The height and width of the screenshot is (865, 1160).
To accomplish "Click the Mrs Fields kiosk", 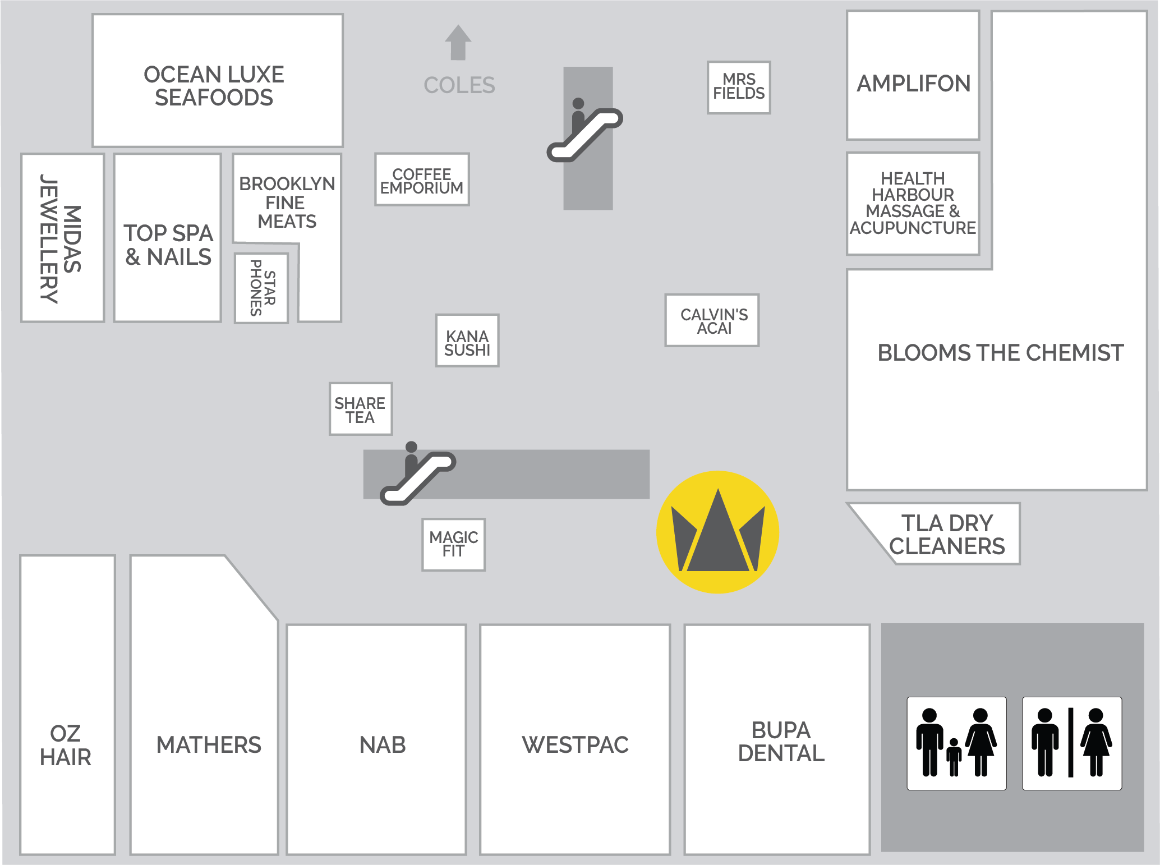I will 739,87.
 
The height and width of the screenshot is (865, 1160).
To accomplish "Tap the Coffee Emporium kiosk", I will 422,180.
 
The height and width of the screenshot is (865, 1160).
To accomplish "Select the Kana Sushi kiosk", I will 467,341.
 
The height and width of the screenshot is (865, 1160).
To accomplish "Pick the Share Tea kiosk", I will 360,409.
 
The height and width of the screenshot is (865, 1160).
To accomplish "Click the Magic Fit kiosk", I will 453,544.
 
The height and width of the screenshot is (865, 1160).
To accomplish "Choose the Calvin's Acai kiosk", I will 712,320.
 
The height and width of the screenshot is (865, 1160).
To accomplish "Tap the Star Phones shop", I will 262,288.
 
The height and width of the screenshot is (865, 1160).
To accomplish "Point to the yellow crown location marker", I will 717,532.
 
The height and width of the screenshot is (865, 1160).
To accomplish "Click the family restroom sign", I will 956,743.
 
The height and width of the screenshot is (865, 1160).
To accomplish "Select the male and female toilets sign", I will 1071,743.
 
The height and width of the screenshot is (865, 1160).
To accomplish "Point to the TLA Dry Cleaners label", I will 947,535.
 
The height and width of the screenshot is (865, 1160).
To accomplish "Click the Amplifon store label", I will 913,84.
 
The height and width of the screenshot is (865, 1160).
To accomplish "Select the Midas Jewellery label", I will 61,238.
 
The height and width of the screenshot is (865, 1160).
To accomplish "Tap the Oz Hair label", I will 66,745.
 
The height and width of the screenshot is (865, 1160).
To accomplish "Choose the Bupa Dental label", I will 781,742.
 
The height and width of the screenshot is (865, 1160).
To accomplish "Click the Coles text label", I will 459,85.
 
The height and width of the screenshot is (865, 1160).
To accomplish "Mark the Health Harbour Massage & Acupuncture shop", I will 913,203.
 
